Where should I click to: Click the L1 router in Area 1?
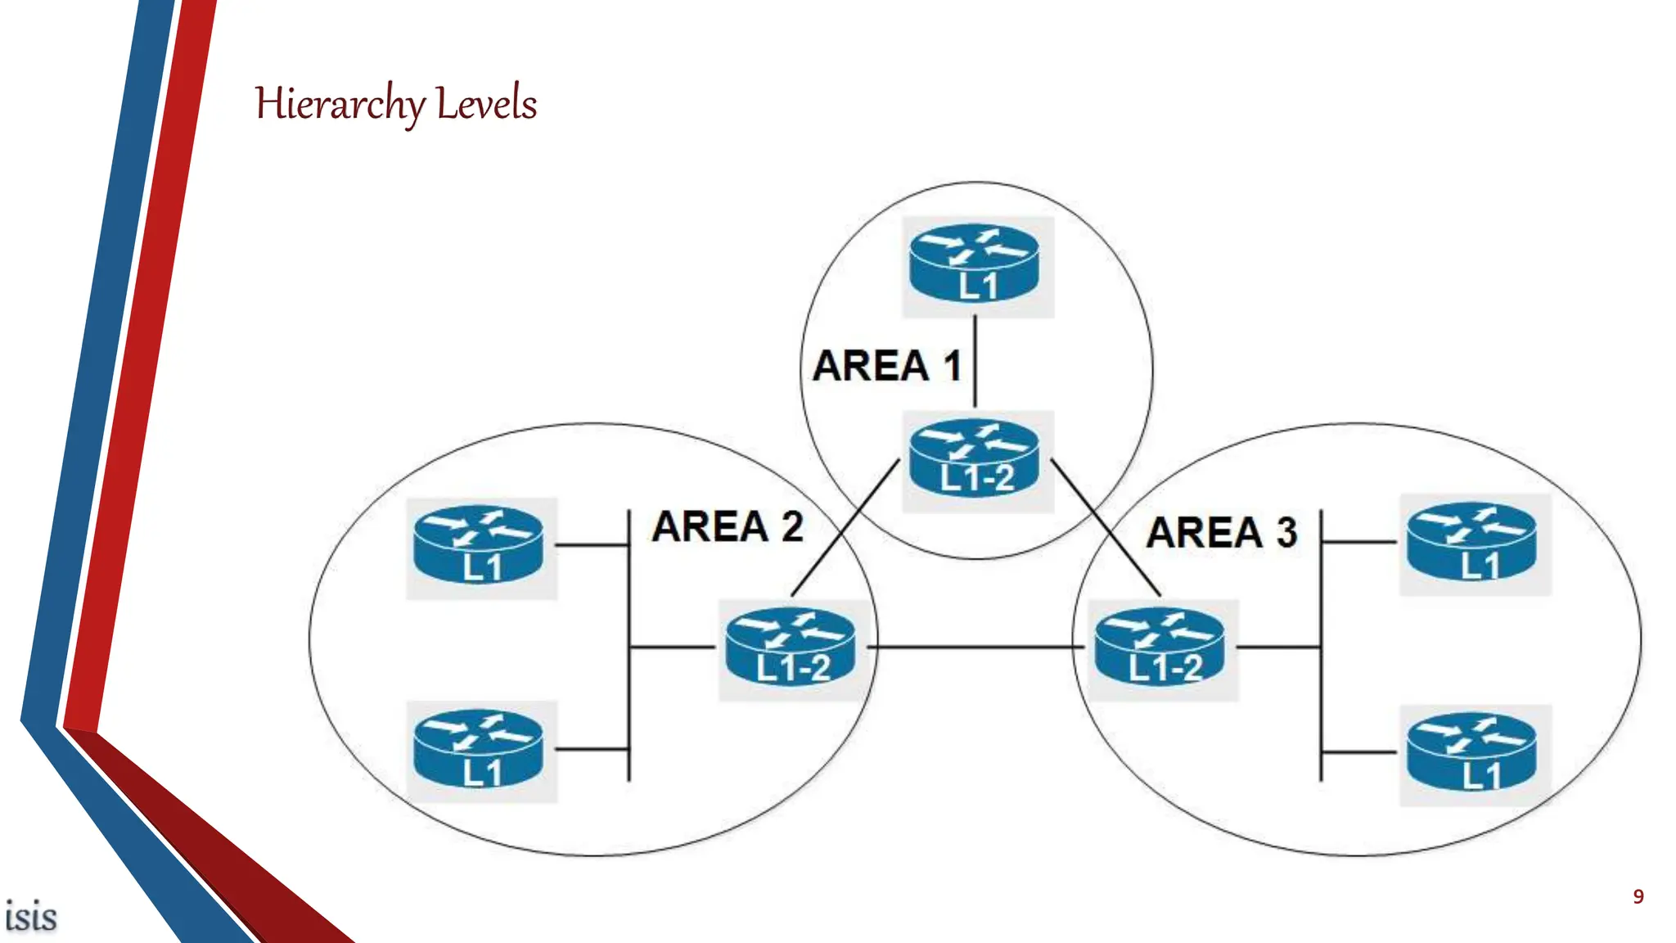(975, 264)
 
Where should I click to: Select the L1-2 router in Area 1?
(975, 458)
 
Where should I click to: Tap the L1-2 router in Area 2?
(791, 647)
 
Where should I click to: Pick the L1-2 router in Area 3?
(1160, 647)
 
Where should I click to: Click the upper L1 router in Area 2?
(479, 546)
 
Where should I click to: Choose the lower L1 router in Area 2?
(479, 750)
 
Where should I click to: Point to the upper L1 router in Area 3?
(1471, 543)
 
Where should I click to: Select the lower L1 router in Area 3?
(1471, 753)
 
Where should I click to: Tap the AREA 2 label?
(728, 526)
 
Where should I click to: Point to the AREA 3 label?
(1222, 533)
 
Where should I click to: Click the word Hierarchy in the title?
(340, 105)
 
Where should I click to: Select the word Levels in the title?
(486, 104)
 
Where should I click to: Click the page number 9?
(1638, 897)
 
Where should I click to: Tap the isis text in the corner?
(31, 916)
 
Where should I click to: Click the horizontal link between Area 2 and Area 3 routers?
(974, 647)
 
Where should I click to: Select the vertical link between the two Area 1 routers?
(975, 362)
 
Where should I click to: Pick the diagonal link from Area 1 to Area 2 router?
(845, 528)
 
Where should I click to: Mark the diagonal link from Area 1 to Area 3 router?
(1105, 528)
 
